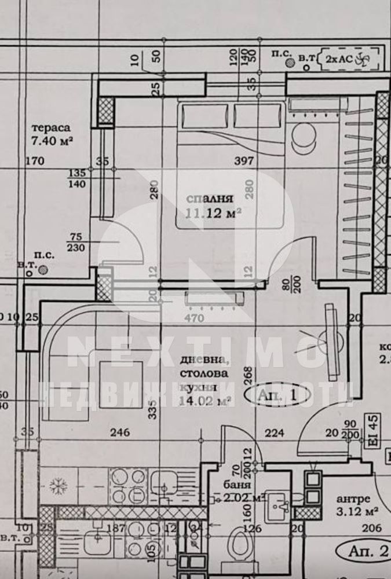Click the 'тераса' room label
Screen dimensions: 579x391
point(52,127)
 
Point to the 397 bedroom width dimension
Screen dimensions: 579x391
point(243,160)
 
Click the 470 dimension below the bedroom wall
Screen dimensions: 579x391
point(193,318)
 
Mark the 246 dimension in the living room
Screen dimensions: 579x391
point(120,431)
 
